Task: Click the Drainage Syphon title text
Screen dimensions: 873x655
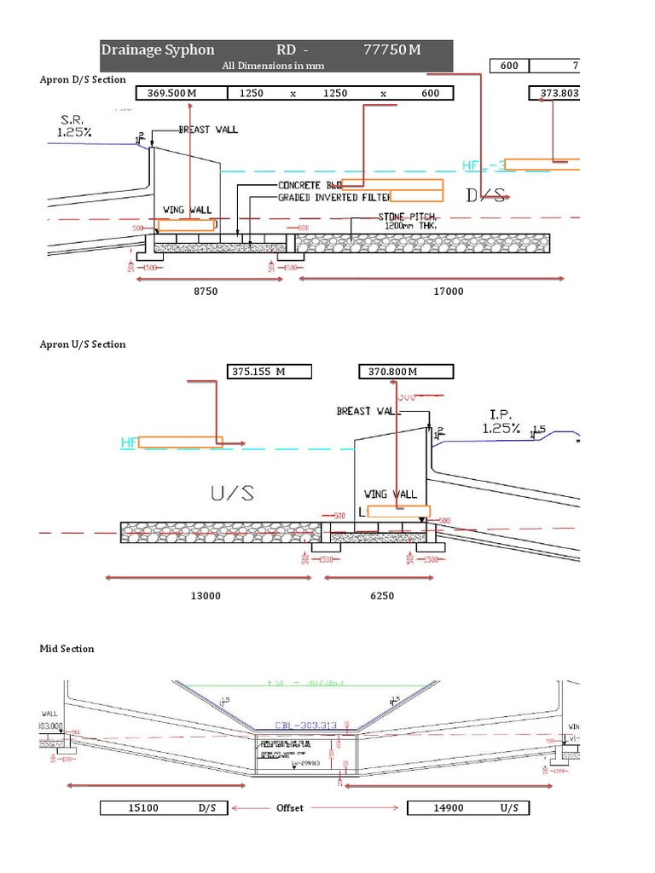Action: (158, 49)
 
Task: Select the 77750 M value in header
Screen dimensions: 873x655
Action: (391, 49)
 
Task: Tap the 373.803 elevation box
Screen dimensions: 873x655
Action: (554, 93)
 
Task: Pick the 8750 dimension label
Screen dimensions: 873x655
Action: (206, 292)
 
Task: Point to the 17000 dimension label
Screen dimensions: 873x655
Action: (448, 292)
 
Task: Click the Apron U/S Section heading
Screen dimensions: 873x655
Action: (83, 344)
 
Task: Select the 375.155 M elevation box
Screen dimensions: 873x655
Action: (269, 371)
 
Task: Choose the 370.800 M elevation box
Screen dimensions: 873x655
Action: (406, 371)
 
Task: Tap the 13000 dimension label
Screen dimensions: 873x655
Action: (206, 596)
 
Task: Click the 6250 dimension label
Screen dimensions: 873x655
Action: (381, 596)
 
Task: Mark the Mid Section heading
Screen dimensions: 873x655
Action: (67, 649)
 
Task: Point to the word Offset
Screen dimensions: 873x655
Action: (290, 807)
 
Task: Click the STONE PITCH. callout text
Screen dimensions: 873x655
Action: (409, 217)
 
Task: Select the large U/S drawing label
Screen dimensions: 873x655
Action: (231, 494)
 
